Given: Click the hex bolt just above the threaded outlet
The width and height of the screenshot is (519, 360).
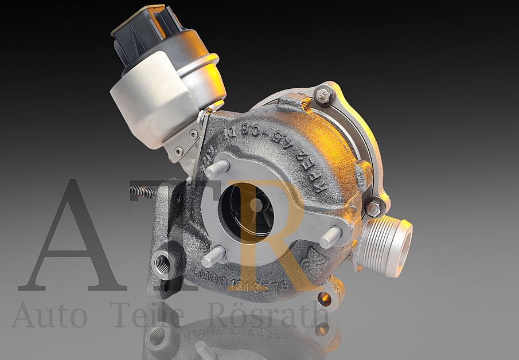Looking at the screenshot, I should coord(373,207).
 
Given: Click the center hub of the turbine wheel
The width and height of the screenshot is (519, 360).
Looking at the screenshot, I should coord(256,205).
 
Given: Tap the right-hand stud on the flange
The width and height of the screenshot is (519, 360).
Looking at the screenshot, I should coord(331,236).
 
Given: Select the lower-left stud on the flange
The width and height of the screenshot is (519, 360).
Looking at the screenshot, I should coord(213,256).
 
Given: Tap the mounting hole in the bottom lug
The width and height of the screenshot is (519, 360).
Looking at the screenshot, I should coord(324,298).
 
